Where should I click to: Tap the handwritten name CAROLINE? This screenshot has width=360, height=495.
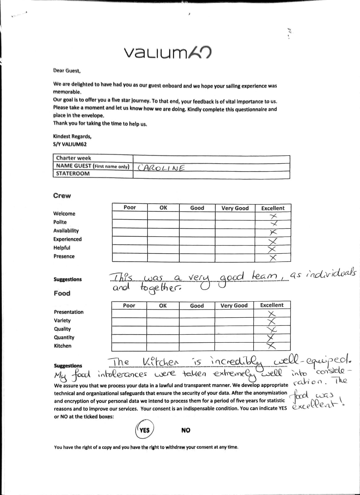click(x=161, y=168)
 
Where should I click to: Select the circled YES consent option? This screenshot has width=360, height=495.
click(x=144, y=430)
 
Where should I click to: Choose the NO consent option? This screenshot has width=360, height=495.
click(x=186, y=430)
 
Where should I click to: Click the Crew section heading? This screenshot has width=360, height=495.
click(x=62, y=196)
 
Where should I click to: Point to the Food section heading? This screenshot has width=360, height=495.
click(x=62, y=293)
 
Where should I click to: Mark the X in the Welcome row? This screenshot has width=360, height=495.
click(x=273, y=216)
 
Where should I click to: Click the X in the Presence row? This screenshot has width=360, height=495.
click(x=272, y=257)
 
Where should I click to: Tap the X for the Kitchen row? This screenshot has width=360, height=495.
click(x=271, y=346)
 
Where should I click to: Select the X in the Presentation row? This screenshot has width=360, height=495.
click(x=272, y=313)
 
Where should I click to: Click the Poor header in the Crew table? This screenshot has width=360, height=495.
click(x=130, y=208)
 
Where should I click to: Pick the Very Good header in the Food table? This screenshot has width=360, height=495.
click(x=234, y=306)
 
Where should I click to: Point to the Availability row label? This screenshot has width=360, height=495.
click(x=66, y=231)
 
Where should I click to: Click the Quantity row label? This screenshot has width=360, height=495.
click(x=64, y=338)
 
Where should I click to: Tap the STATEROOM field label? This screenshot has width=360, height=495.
click(x=73, y=174)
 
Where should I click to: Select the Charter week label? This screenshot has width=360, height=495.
click(x=74, y=158)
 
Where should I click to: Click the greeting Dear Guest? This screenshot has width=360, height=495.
click(x=67, y=71)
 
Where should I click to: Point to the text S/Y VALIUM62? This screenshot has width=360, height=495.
click(x=70, y=144)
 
